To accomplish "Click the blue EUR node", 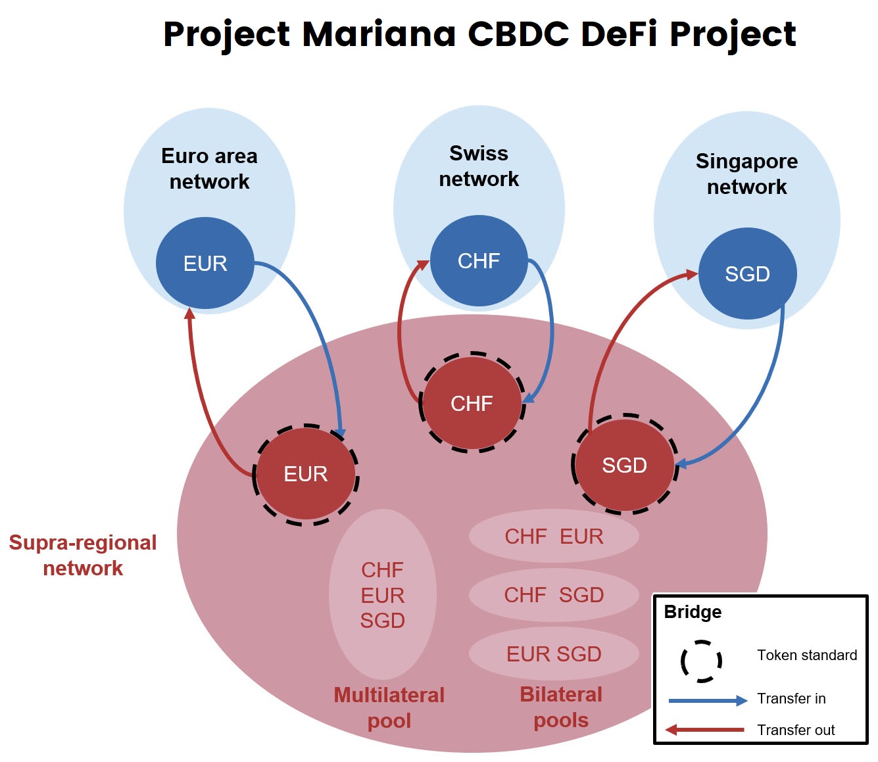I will click(205, 263).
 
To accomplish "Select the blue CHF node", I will click(479, 261).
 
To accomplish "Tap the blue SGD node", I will click(747, 274).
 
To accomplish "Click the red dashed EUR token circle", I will click(306, 474).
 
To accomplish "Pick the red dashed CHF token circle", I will click(472, 403).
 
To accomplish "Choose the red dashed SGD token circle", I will click(624, 465).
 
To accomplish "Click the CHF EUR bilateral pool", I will click(554, 536).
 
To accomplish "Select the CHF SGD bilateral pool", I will click(554, 595).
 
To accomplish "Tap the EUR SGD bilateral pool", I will click(554, 654).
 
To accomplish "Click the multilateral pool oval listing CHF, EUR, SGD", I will click(383, 595).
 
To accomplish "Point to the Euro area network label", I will click(209, 169).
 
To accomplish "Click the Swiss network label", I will click(479, 166).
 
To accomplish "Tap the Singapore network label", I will click(746, 174).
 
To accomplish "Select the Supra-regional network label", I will click(83, 556).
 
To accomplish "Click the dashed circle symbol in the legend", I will click(701, 661).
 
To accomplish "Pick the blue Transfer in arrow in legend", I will click(708, 700).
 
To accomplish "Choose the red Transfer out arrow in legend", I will click(704, 730).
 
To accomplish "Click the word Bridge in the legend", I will click(693, 612).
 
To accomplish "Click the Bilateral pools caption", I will click(561, 707).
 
